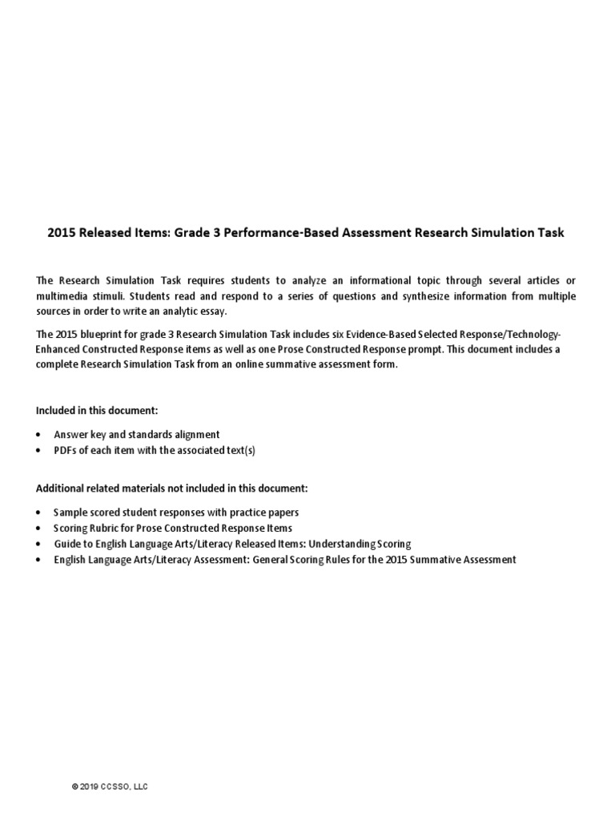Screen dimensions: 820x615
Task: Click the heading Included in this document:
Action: point(97,410)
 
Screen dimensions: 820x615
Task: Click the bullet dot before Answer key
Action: point(40,434)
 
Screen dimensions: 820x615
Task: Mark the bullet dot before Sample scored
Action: point(40,512)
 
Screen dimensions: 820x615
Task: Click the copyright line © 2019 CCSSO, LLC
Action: point(110,787)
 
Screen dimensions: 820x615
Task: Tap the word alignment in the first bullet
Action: point(190,434)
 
